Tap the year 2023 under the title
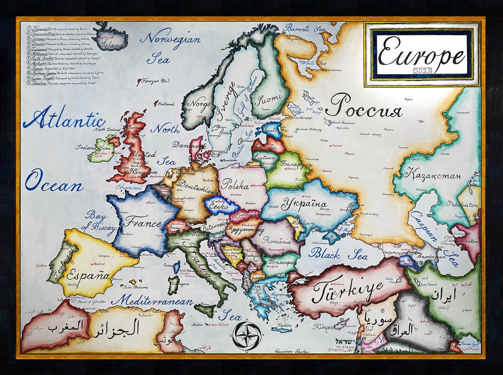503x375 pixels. [x=422, y=70]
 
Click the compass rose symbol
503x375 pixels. [x=246, y=335]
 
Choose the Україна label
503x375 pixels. [x=304, y=203]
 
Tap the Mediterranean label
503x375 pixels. [x=151, y=301]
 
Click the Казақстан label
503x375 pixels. [x=432, y=175]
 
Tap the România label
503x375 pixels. [x=278, y=240]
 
